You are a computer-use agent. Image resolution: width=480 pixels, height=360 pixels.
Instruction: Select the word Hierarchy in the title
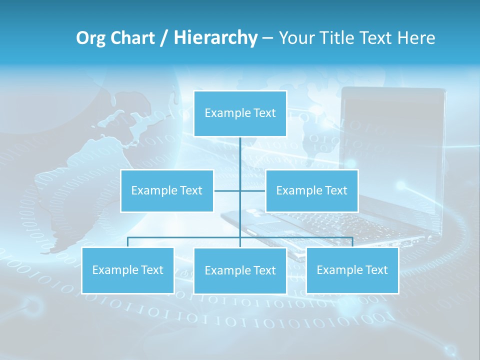coord(215,38)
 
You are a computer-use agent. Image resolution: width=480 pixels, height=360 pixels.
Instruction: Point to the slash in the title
coord(164,38)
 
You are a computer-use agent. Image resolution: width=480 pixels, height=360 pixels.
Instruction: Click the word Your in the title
coord(297,38)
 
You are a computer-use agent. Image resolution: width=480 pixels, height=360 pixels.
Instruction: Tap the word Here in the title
coord(416,38)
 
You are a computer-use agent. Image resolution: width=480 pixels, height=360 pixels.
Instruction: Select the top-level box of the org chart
coord(240,113)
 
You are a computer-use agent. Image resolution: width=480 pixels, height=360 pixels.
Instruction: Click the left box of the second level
coord(167,190)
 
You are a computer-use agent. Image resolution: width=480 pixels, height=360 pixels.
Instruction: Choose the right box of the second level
coord(311,190)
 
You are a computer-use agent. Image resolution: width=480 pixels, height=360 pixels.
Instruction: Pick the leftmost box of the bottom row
coord(127,270)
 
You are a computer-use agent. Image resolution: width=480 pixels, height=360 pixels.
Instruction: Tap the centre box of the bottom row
coord(240,270)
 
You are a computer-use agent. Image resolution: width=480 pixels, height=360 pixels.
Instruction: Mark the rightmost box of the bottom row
coord(352,270)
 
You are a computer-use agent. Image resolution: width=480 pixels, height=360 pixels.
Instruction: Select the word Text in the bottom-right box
coord(375,270)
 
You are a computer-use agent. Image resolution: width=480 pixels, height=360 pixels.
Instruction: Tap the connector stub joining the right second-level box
coord(253,190)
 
